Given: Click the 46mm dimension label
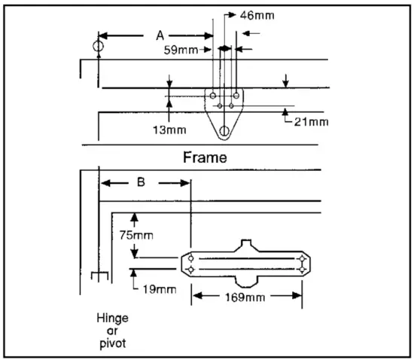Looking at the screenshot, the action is pos(257,16).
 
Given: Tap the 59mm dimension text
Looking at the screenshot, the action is pos(181,50).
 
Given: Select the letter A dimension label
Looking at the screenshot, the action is pos(160,35).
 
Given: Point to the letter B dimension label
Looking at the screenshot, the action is pos(141,182).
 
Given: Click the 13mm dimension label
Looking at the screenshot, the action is pos(169,130).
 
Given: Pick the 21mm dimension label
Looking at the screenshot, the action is pos(312,122).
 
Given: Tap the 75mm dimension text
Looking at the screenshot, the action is pos(136,235).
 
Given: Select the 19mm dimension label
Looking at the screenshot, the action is pos(160,289).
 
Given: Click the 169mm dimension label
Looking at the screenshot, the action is pos(245,297).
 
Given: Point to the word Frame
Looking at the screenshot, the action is pos(205,157).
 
